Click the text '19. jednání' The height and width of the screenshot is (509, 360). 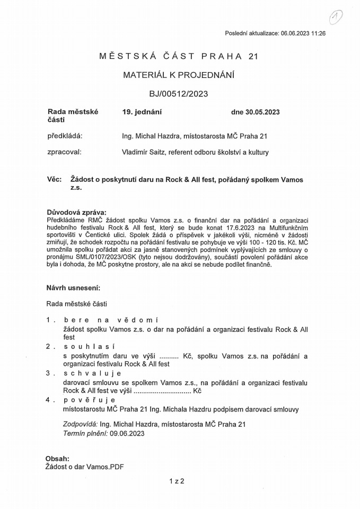[142, 112]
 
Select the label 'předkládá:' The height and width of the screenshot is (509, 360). [65, 136]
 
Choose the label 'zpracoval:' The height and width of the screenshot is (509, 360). [64, 152]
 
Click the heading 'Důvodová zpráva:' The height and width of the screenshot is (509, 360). [76, 213]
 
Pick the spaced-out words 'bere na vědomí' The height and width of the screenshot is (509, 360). [111, 320]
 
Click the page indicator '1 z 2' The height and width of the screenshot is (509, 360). [176, 481]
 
